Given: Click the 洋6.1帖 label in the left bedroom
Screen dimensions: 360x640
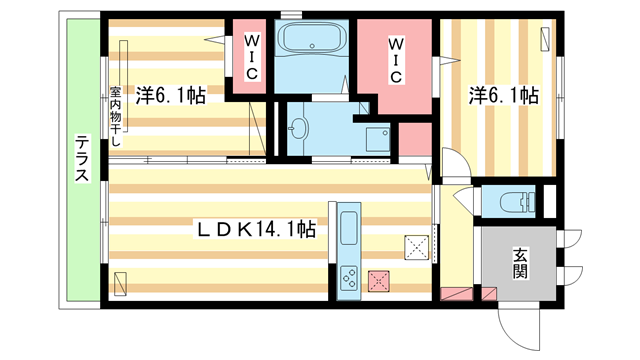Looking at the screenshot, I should [x=172, y=96].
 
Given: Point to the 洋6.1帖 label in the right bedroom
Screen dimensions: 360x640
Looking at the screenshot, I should [x=505, y=96].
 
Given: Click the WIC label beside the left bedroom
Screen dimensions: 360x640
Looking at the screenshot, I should [x=252, y=59].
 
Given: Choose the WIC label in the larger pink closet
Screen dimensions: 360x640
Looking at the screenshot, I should [x=397, y=61].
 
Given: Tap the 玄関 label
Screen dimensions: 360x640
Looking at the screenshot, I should [x=521, y=262].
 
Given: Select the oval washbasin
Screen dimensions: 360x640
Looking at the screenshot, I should [x=298, y=127].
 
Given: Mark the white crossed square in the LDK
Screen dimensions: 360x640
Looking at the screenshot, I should [x=416, y=246].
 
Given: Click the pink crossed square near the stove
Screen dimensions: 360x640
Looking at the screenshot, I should [x=379, y=282].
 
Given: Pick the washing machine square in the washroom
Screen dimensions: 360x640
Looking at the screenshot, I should [x=376, y=138].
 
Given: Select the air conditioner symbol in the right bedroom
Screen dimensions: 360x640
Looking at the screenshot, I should [x=547, y=39].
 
